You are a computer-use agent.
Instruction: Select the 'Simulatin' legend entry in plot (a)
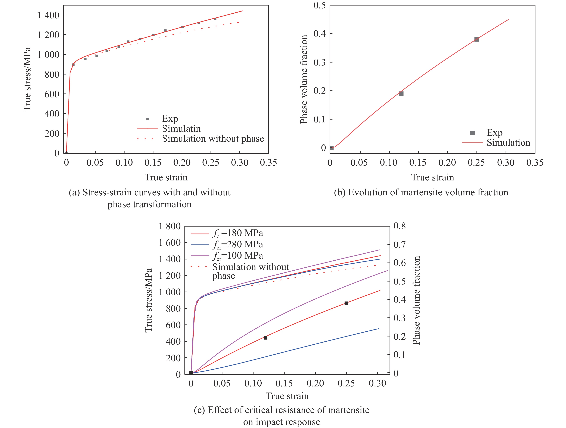click(181, 129)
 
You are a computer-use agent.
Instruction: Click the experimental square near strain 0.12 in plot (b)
click(401, 94)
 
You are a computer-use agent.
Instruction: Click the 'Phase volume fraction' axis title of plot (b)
click(304, 79)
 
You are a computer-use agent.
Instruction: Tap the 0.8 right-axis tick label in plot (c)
click(399, 226)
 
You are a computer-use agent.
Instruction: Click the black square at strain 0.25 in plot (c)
click(346, 303)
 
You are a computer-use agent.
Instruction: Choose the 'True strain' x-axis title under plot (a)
click(166, 177)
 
